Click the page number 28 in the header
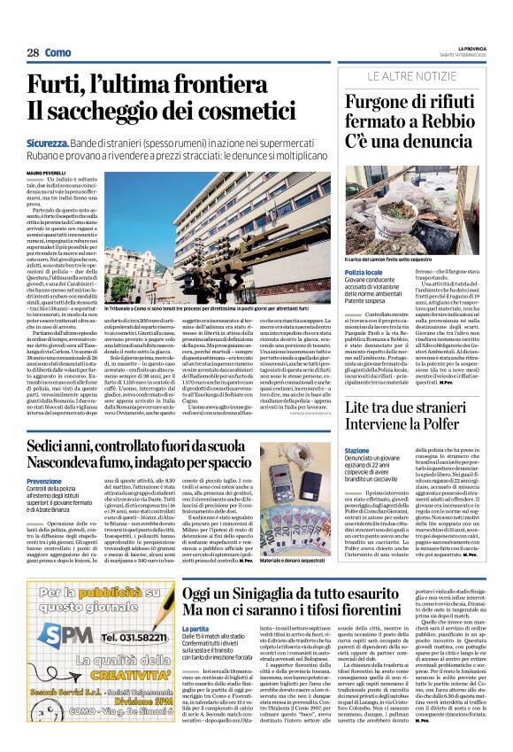coord(33,53)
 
